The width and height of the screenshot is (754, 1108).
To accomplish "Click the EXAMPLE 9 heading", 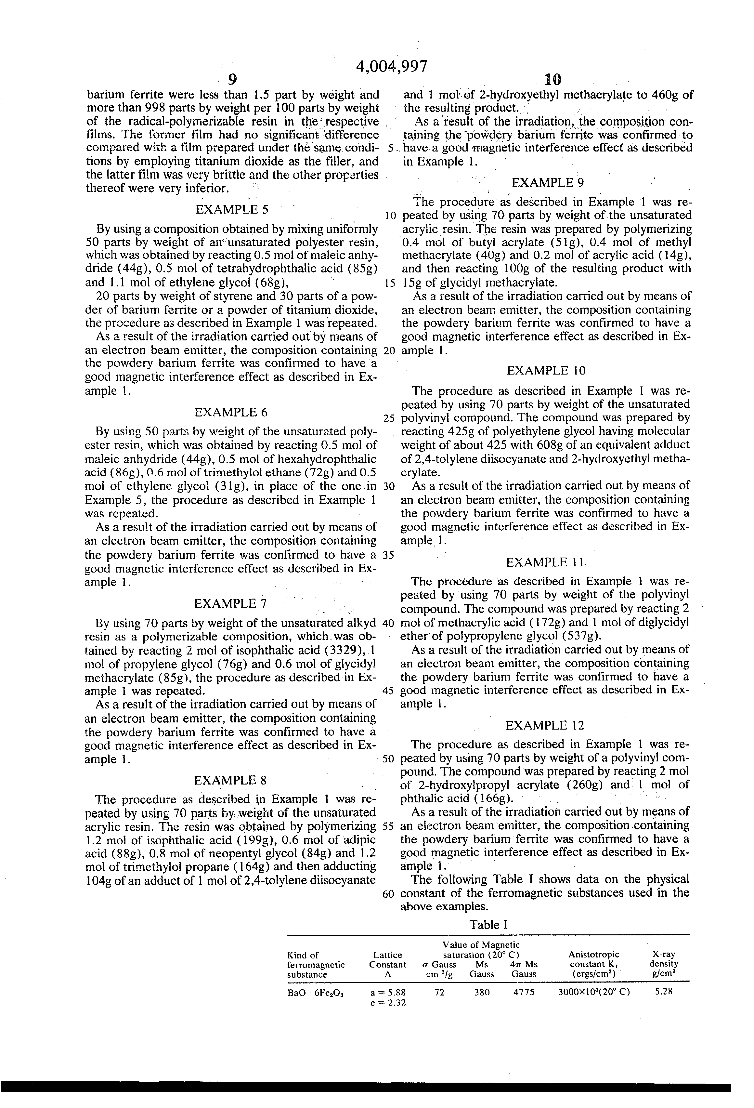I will point(547,183).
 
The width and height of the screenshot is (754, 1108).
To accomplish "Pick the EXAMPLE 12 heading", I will point(545,726).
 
